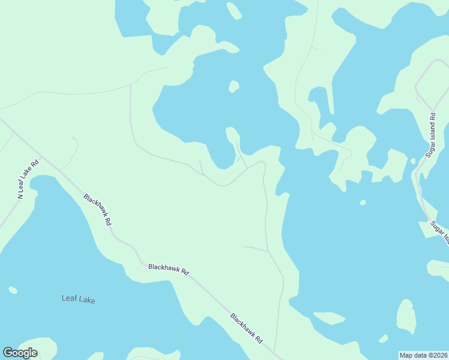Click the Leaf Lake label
[79, 299]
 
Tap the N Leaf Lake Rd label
[28, 179]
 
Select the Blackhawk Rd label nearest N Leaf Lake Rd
[98, 209]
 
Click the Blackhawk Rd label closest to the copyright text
[247, 328]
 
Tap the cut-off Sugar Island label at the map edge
[439, 232]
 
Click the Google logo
[20, 353]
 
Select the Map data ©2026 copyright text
[423, 355]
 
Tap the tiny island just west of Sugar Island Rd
[412, 161]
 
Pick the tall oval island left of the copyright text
[406, 316]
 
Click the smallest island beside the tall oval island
[384, 338]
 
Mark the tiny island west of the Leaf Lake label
[13, 290]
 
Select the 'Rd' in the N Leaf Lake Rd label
[35, 163]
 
